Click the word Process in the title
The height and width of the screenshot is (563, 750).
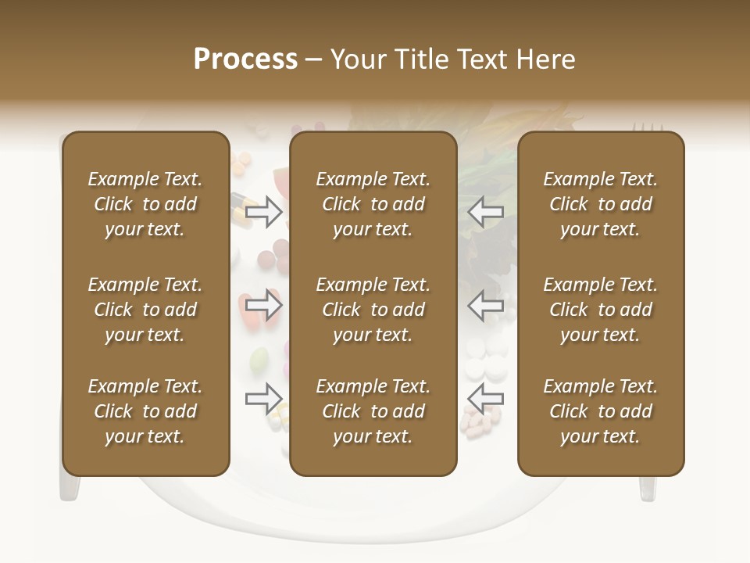click(245, 59)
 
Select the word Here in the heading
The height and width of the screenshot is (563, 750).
click(545, 59)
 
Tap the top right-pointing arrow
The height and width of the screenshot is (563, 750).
click(263, 212)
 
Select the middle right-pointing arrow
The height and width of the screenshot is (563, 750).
click(263, 305)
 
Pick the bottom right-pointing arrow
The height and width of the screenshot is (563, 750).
click(263, 399)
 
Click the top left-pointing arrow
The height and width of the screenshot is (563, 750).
click(485, 212)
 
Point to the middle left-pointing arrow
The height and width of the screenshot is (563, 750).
click(485, 305)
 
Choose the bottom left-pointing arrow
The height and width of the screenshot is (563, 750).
click(485, 399)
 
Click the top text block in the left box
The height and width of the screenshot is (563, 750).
click(145, 204)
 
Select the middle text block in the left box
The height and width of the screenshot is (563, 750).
click(145, 310)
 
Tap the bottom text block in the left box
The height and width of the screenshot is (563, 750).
click(145, 411)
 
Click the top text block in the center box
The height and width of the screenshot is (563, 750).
click(373, 204)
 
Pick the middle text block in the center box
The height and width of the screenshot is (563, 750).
click(373, 310)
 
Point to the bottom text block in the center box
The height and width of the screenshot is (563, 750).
click(373, 411)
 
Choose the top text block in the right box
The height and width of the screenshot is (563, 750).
click(600, 204)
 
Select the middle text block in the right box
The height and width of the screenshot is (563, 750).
click(600, 310)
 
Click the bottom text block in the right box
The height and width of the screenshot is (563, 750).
click(600, 411)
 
